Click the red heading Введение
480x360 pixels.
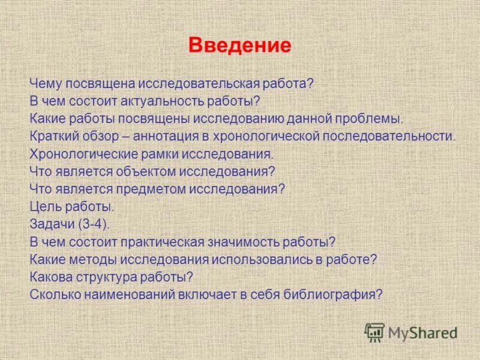[x=240, y=46]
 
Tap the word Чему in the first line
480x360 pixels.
[x=46, y=83]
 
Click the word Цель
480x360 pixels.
[x=44, y=207]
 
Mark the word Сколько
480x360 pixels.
[x=53, y=295]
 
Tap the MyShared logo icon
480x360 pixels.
[x=374, y=331]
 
